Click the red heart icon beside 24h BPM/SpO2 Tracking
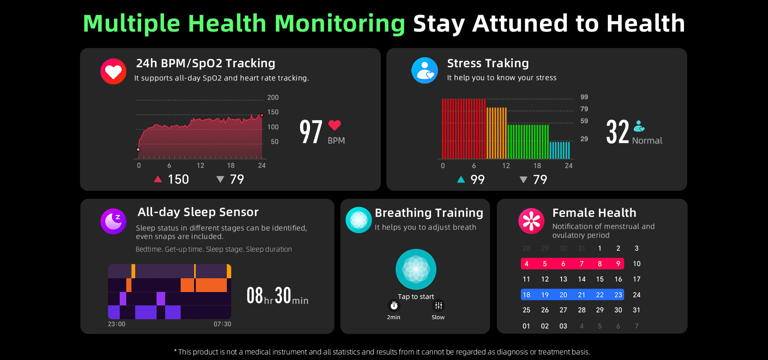coord(113,71)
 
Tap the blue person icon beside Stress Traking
coord(424,70)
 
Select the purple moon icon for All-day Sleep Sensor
coord(113,221)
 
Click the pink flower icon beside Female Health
coord(531,221)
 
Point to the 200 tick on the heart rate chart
coord(273,98)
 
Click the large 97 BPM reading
coord(311,132)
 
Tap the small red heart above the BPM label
coord(334,125)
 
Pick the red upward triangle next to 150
coord(158,179)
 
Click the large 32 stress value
coord(617,132)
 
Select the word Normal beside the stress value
coord(647,141)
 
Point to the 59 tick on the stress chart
coord(584,121)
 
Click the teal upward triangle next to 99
coord(461,180)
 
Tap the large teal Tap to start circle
coord(416,269)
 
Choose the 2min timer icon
coord(394,306)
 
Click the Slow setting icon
coord(438,306)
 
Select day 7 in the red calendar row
coord(582,264)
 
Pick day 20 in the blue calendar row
coord(563,295)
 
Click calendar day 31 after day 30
coord(636,310)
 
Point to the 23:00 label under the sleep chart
coord(116,324)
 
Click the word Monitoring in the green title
coord(340,23)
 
